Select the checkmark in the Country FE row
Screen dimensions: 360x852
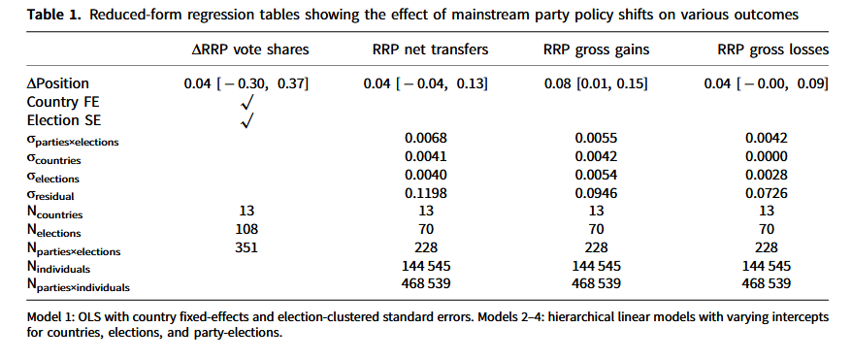[x=246, y=102]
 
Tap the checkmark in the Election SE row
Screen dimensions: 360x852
[x=246, y=120]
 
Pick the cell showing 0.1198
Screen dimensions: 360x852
[x=426, y=194]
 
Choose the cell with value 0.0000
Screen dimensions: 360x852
[x=766, y=157]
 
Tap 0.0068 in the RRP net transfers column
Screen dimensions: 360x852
[x=426, y=139]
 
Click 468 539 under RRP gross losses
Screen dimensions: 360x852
[x=766, y=283]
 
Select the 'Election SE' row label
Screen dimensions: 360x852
[x=65, y=120]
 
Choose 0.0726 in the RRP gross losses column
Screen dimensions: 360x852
[x=766, y=194]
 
